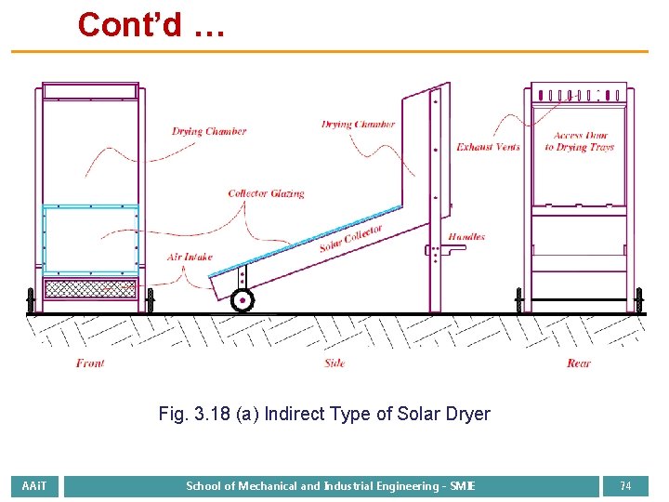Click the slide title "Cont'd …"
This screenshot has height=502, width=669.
point(151,24)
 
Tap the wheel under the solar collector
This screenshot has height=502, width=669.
point(242,299)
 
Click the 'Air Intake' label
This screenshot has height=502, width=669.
point(190,257)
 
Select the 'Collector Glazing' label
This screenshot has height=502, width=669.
point(266,193)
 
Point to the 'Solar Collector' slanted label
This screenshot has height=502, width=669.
point(350,239)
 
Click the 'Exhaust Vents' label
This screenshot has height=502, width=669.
point(488,147)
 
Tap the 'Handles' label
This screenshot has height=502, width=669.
point(466,237)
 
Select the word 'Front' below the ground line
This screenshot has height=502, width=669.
point(90,363)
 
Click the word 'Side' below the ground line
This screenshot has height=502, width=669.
point(334,363)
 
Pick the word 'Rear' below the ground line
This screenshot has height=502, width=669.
point(578,363)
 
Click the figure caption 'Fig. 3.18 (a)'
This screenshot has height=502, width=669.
point(324,414)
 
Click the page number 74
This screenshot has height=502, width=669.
point(625,486)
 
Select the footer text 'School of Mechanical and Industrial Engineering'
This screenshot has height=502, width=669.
point(331,486)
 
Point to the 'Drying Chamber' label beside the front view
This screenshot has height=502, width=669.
point(209,131)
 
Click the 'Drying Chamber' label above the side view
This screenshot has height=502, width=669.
point(359,124)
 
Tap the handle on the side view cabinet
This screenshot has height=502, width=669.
point(433,249)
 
